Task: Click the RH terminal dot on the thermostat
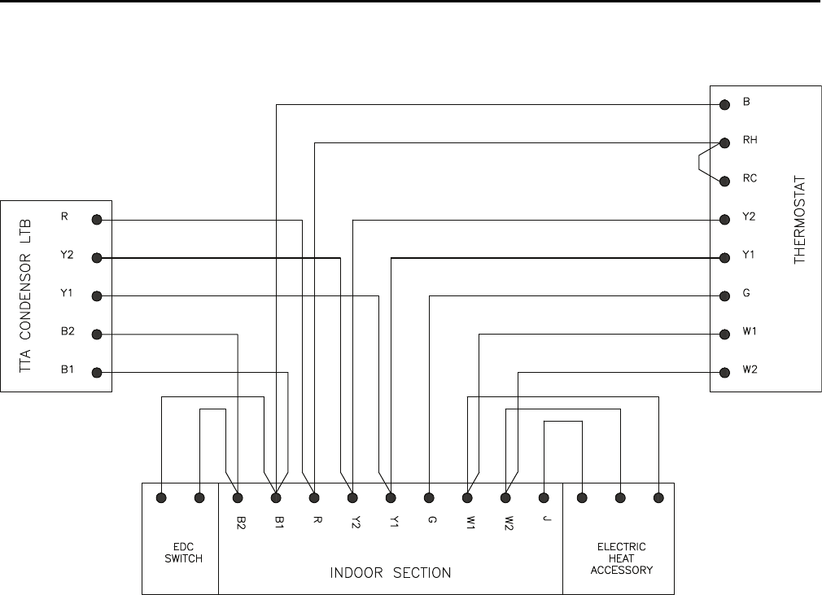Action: coord(724,142)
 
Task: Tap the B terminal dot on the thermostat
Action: coord(724,104)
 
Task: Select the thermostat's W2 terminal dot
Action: coord(724,372)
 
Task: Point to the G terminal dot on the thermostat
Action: coord(724,295)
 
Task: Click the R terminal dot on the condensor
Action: coord(97,219)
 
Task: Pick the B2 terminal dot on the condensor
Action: coord(97,334)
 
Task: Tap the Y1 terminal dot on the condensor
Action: coord(97,295)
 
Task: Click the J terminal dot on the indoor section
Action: coord(543,497)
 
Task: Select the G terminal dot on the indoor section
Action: coord(429,497)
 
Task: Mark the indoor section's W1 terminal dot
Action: coord(467,497)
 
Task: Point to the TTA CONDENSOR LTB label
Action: coord(24,295)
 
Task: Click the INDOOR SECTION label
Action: coord(391,573)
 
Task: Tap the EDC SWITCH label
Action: coord(181,553)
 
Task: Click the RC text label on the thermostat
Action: coord(749,178)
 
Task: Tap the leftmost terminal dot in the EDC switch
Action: coord(162,497)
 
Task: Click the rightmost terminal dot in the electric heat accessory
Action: coord(658,497)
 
